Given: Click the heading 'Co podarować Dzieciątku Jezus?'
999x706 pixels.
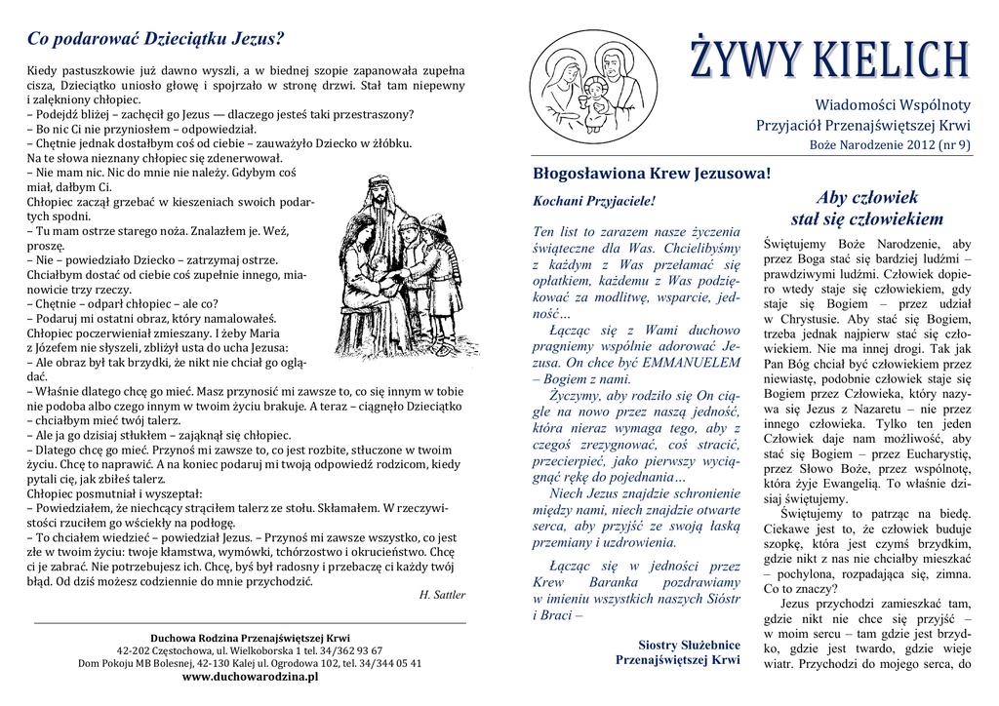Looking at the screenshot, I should pos(155,39).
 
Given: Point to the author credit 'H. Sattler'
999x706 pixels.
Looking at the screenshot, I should pos(442,594).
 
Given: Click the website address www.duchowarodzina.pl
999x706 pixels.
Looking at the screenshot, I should pos(250,676).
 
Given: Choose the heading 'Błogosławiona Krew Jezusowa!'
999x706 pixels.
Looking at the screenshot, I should pos(652,174).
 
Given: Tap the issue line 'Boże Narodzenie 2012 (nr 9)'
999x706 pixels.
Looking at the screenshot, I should pos(891,145).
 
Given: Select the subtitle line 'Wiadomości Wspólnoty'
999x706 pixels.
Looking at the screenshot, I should pos(893,104).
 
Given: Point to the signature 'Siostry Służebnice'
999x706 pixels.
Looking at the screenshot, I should pos(689,645).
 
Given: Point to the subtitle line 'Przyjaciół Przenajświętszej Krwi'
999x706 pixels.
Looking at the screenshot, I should pos(863,126).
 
